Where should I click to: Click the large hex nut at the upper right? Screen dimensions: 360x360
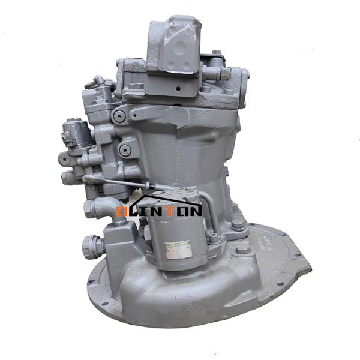click(x=224, y=73)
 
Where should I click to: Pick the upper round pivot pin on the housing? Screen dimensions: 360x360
click(x=120, y=115)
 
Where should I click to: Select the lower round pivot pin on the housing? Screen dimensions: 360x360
click(x=125, y=150)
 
